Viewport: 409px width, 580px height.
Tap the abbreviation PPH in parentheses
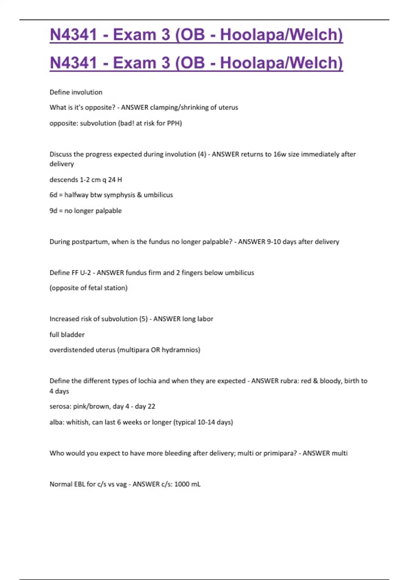[174, 123]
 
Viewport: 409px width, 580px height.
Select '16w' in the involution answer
[279, 154]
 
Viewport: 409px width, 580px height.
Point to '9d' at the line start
[53, 211]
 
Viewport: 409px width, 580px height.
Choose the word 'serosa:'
[60, 406]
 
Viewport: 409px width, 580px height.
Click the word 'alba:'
[57, 422]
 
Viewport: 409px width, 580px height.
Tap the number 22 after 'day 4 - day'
[151, 406]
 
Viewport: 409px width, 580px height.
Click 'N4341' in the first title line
[73, 35]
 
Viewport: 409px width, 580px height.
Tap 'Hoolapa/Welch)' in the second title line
[281, 63]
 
